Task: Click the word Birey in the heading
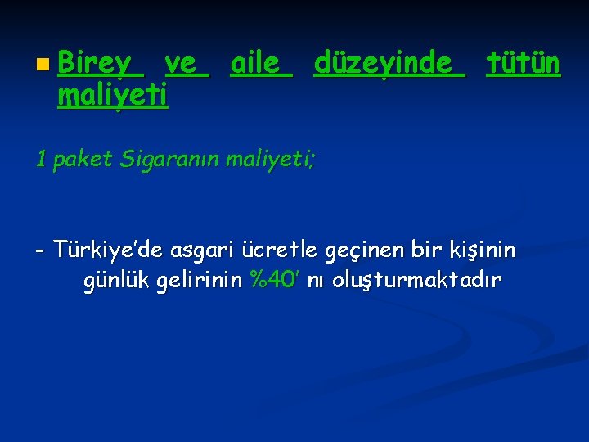[x=95, y=62]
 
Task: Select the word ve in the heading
[x=186, y=62]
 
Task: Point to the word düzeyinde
[x=383, y=62]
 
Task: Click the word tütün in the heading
[x=524, y=62]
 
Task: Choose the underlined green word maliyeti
[x=113, y=97]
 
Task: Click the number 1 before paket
[x=41, y=159]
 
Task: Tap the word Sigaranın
[x=171, y=159]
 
